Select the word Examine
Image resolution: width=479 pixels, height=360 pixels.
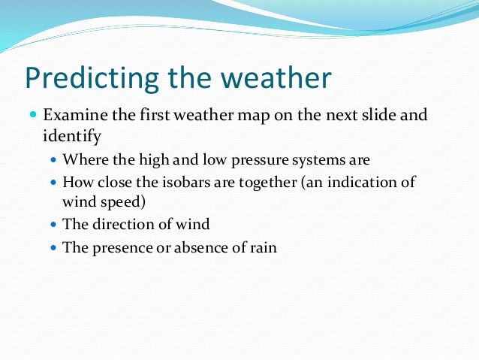73,116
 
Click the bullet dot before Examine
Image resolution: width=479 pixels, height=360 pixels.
33,116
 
